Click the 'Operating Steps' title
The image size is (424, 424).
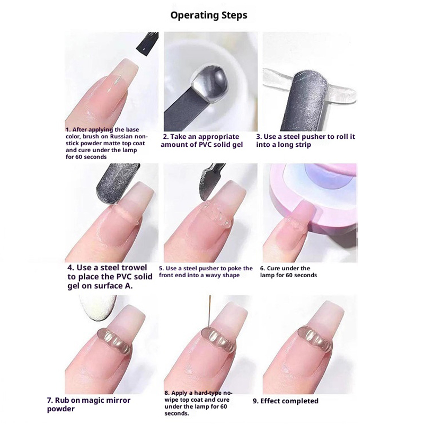[209, 15]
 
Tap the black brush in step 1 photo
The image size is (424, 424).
[147, 44]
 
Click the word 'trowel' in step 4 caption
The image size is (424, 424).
[134, 268]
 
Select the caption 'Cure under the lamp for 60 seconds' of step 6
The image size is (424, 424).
[288, 272]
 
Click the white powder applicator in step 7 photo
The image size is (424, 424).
[98, 307]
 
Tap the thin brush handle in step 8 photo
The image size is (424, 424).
[209, 311]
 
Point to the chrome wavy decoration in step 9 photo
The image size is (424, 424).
[315, 338]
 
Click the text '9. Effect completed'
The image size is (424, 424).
[286, 401]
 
